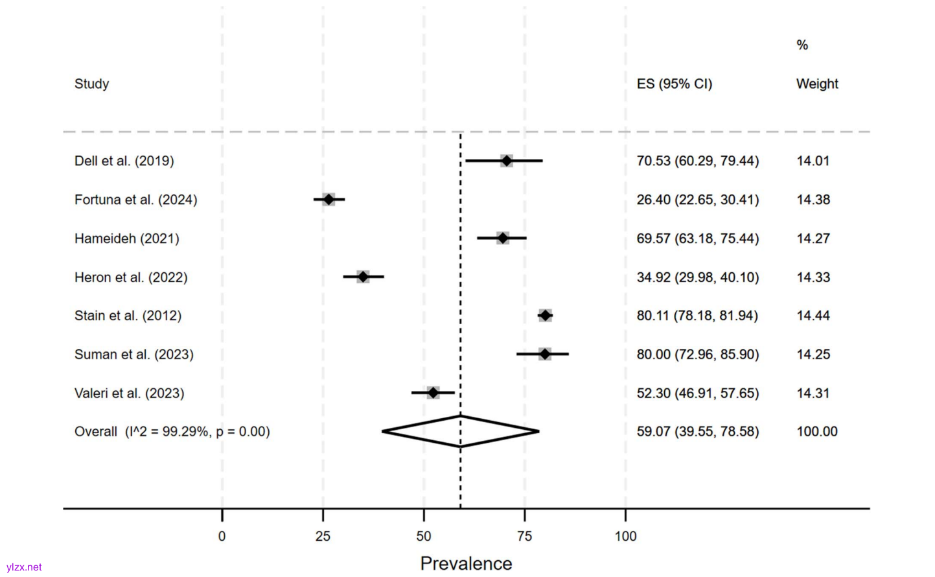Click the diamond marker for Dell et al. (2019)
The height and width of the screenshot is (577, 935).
point(507,161)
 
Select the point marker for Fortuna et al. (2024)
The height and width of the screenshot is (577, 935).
point(329,200)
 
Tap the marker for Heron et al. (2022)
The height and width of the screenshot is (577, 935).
point(363,277)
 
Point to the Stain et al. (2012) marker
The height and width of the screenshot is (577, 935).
point(545,316)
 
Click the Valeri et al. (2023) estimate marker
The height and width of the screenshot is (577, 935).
point(433,393)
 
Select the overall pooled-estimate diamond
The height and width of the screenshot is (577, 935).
point(461,432)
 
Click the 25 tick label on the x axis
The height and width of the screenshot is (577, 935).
point(323,536)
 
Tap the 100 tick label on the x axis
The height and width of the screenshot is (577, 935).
point(625,536)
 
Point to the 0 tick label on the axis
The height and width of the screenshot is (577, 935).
point(222,536)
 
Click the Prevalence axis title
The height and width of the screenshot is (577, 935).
point(466,563)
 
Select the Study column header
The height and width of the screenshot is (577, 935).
point(91,84)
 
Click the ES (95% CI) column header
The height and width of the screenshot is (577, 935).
point(674,84)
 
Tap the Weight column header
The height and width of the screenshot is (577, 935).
point(817,84)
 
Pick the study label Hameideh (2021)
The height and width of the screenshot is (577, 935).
point(127,239)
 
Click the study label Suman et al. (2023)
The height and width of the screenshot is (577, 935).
point(134,355)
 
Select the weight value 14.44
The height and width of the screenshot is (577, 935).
point(813,316)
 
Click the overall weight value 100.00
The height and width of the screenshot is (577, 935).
point(817,432)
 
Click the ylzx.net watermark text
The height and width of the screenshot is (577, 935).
point(24,567)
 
